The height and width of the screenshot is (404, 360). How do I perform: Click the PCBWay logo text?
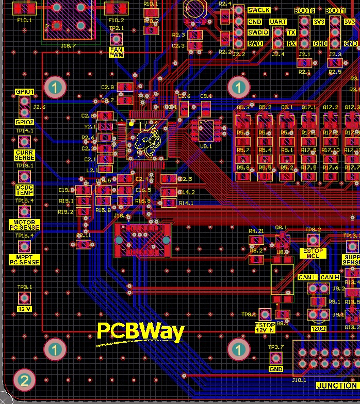pos(140,332)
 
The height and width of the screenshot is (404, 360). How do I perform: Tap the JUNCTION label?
pos(336,385)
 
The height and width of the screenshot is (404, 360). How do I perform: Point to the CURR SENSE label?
pos(24,155)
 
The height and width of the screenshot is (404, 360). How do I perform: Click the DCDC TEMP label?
pos(24,190)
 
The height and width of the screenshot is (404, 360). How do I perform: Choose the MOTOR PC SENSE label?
pos(24,225)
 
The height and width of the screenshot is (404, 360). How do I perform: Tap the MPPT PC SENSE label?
pos(24,259)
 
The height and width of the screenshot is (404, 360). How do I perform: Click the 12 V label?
pos(24,309)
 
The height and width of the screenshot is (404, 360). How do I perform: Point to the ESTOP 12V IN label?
pos(265,328)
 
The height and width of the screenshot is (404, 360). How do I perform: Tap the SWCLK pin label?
pos(258,10)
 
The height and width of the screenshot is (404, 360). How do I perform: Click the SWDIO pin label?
pos(258,32)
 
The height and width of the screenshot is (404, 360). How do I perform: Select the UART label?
pos(277,22)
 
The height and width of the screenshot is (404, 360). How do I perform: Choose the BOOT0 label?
pos(304,11)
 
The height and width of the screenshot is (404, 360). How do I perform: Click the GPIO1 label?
pos(24,92)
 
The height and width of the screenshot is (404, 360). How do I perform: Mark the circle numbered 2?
pos(24,381)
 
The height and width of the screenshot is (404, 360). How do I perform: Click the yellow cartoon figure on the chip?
pos(147,140)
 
